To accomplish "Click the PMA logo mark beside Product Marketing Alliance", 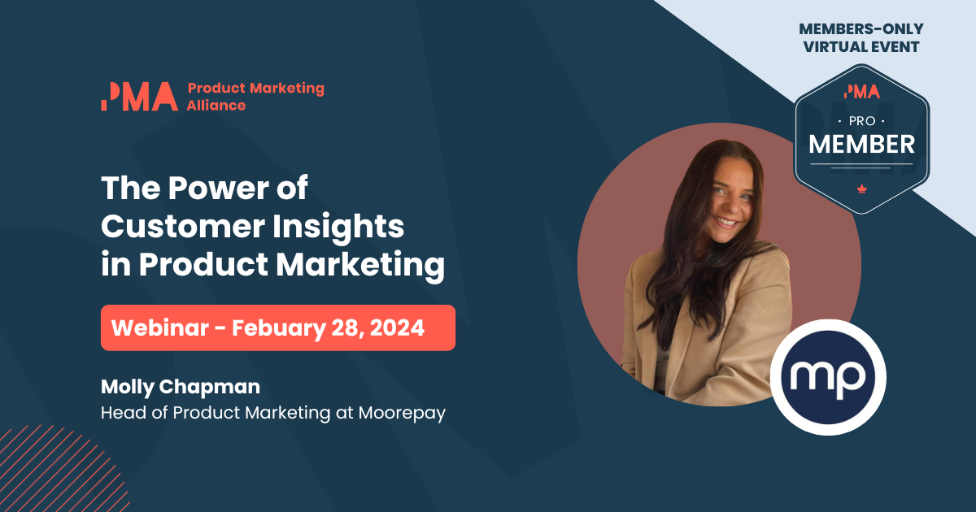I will [139, 96].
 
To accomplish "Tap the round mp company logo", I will [828, 376].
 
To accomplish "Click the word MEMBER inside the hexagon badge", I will [861, 144].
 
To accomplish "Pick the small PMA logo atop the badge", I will [861, 92].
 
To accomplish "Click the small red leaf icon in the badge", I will [861, 189].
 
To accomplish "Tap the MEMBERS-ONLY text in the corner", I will [861, 29].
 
